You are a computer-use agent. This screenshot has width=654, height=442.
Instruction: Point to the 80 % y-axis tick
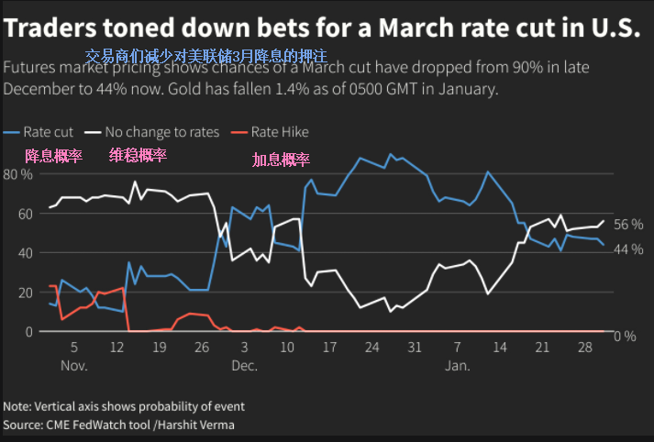(18, 174)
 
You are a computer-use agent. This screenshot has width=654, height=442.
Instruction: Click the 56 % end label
(627, 225)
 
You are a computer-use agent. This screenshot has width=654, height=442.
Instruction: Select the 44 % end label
(627, 249)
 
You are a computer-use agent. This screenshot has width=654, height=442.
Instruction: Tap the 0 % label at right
(624, 336)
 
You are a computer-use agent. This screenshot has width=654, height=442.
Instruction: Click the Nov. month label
(73, 365)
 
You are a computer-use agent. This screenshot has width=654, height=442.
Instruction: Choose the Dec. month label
(244, 365)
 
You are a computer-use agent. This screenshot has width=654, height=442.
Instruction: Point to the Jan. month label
(457, 365)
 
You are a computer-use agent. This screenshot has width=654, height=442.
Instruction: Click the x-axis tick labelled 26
(201, 348)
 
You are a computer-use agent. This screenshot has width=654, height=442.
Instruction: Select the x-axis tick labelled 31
(415, 348)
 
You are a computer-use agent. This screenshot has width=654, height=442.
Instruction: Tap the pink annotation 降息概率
(53, 156)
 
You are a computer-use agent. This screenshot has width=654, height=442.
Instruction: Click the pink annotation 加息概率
(281, 160)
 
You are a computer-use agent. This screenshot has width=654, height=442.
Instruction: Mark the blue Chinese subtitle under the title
(205, 57)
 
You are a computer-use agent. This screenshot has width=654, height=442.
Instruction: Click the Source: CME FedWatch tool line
(118, 425)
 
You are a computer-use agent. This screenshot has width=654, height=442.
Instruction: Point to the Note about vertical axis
(124, 406)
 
